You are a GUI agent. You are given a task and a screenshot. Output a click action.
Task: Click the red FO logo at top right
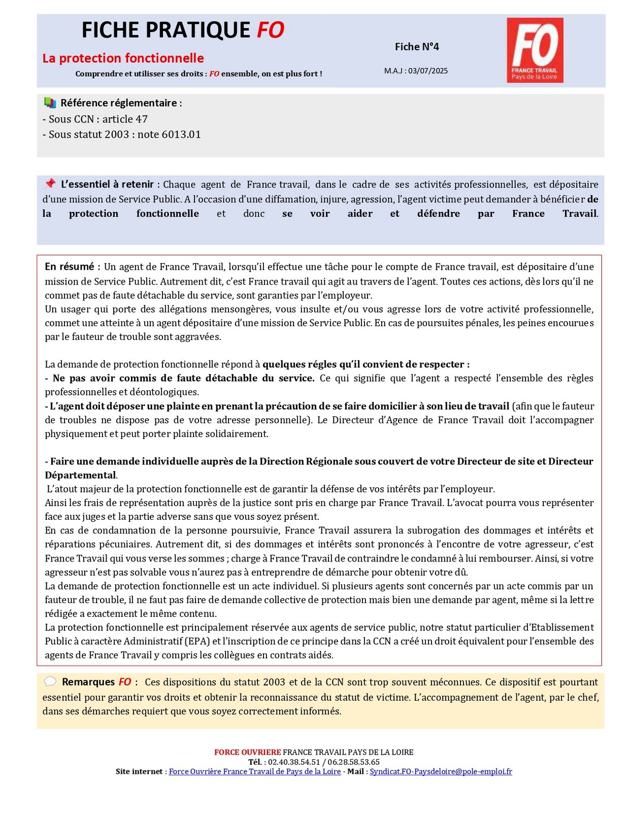point(535,50)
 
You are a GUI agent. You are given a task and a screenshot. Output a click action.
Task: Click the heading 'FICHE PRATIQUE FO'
point(183,30)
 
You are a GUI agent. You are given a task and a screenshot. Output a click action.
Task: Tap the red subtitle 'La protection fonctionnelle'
point(123,58)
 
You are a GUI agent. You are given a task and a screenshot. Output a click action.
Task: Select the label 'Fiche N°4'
point(416,47)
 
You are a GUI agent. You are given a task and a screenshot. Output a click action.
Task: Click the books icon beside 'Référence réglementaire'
point(50,103)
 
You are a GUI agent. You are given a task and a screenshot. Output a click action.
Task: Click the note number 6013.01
point(181,134)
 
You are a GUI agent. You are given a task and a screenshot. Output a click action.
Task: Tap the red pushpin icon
point(50,183)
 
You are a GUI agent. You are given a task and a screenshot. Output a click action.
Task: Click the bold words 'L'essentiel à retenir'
point(107,184)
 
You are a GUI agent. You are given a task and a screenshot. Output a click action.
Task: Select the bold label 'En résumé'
point(70,267)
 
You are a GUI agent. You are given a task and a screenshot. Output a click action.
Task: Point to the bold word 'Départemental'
point(80,475)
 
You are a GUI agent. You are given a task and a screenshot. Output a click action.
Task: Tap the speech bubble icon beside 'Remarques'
point(50,681)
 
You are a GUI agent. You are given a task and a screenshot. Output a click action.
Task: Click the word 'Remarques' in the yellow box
point(88,682)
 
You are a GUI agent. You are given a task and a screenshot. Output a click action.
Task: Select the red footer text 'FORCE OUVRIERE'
point(247,752)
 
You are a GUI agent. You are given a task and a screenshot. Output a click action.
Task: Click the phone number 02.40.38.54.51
point(294,762)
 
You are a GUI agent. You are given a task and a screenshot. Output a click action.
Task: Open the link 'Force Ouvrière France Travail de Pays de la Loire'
point(254,771)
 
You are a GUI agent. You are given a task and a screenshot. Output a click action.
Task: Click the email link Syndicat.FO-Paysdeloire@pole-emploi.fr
point(441,771)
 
